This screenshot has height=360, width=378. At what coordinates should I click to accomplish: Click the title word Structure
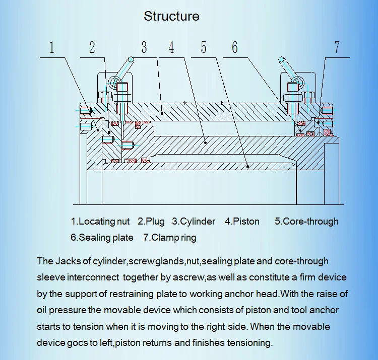(x=171, y=16)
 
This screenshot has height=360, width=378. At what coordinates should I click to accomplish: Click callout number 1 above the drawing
(x=51, y=47)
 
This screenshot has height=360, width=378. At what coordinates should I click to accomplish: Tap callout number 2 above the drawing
(x=92, y=47)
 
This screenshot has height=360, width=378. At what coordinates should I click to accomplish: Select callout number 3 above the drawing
(x=144, y=47)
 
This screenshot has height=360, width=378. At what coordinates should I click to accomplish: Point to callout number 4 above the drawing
(x=171, y=47)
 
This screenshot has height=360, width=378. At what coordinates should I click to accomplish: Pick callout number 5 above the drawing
(x=204, y=47)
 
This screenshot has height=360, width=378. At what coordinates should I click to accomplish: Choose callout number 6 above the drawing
(x=235, y=47)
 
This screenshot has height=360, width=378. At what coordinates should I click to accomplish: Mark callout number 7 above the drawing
(x=337, y=47)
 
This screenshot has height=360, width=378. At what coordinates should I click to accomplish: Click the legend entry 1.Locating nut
(x=100, y=222)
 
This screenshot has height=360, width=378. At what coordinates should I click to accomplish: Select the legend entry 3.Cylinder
(x=194, y=222)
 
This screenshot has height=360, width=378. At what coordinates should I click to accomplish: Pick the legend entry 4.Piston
(x=242, y=222)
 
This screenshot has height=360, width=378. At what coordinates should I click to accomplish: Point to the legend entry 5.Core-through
(x=306, y=222)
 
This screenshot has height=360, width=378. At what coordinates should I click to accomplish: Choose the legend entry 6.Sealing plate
(x=102, y=238)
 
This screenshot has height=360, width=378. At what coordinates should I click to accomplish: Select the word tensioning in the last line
(x=247, y=343)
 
